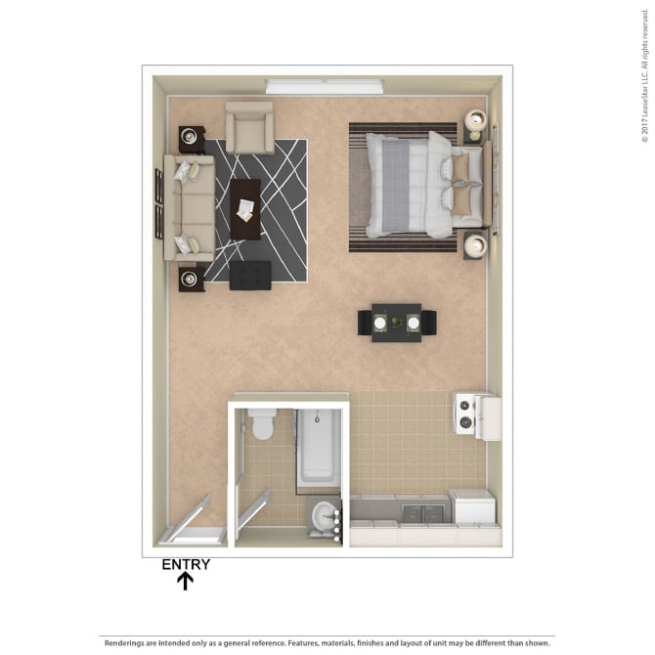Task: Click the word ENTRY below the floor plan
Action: pos(186,564)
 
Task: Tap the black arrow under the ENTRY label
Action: pos(185,581)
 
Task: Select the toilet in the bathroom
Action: pos(262,423)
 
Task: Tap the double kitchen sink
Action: pos(422,513)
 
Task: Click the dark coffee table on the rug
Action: pos(245,209)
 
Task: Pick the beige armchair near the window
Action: pos(249,127)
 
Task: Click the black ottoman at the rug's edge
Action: pos(250,276)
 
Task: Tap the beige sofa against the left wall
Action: pos(189,207)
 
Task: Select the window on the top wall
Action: pos(325,86)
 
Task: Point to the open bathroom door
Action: pos(253,514)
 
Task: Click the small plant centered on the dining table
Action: pos(397,322)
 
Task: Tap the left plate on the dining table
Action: pos(379,323)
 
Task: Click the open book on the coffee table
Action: pos(244,210)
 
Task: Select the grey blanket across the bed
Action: pos(395,187)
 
